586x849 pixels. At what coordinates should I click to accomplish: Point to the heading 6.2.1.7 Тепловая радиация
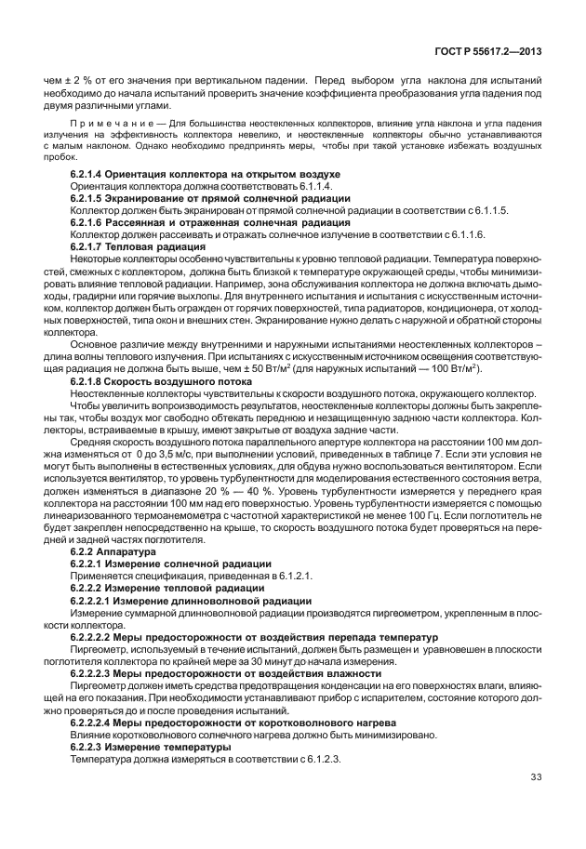tap(140, 246)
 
